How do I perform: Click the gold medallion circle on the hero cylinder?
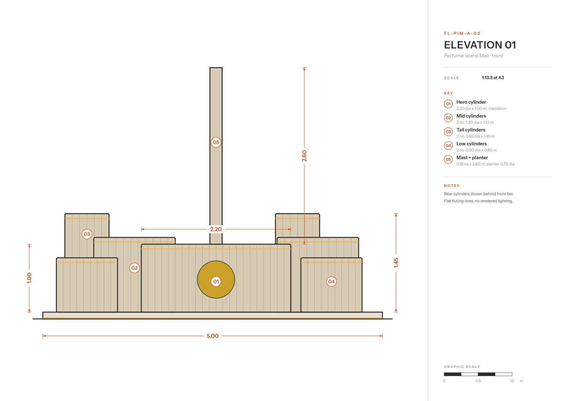[216, 279]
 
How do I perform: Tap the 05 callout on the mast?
[216, 142]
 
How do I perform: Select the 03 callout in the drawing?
[87, 234]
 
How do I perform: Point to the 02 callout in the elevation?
[135, 268]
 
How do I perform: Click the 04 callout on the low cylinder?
[331, 282]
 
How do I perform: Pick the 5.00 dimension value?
[213, 336]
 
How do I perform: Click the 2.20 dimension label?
[216, 229]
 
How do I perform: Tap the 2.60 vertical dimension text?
[304, 156]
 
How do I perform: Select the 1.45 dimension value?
[396, 263]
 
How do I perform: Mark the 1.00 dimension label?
[29, 278]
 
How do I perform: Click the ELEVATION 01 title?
[480, 45]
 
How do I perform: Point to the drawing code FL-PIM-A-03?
[462, 33]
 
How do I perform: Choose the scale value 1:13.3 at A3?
[493, 78]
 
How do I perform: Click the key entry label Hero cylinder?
[471, 102]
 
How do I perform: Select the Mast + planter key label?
[472, 158]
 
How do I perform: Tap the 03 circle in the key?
[448, 132]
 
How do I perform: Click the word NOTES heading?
[452, 186]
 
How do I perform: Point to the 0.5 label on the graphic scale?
[478, 381]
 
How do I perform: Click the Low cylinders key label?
[472, 144]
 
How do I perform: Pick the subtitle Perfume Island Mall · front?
[473, 56]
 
